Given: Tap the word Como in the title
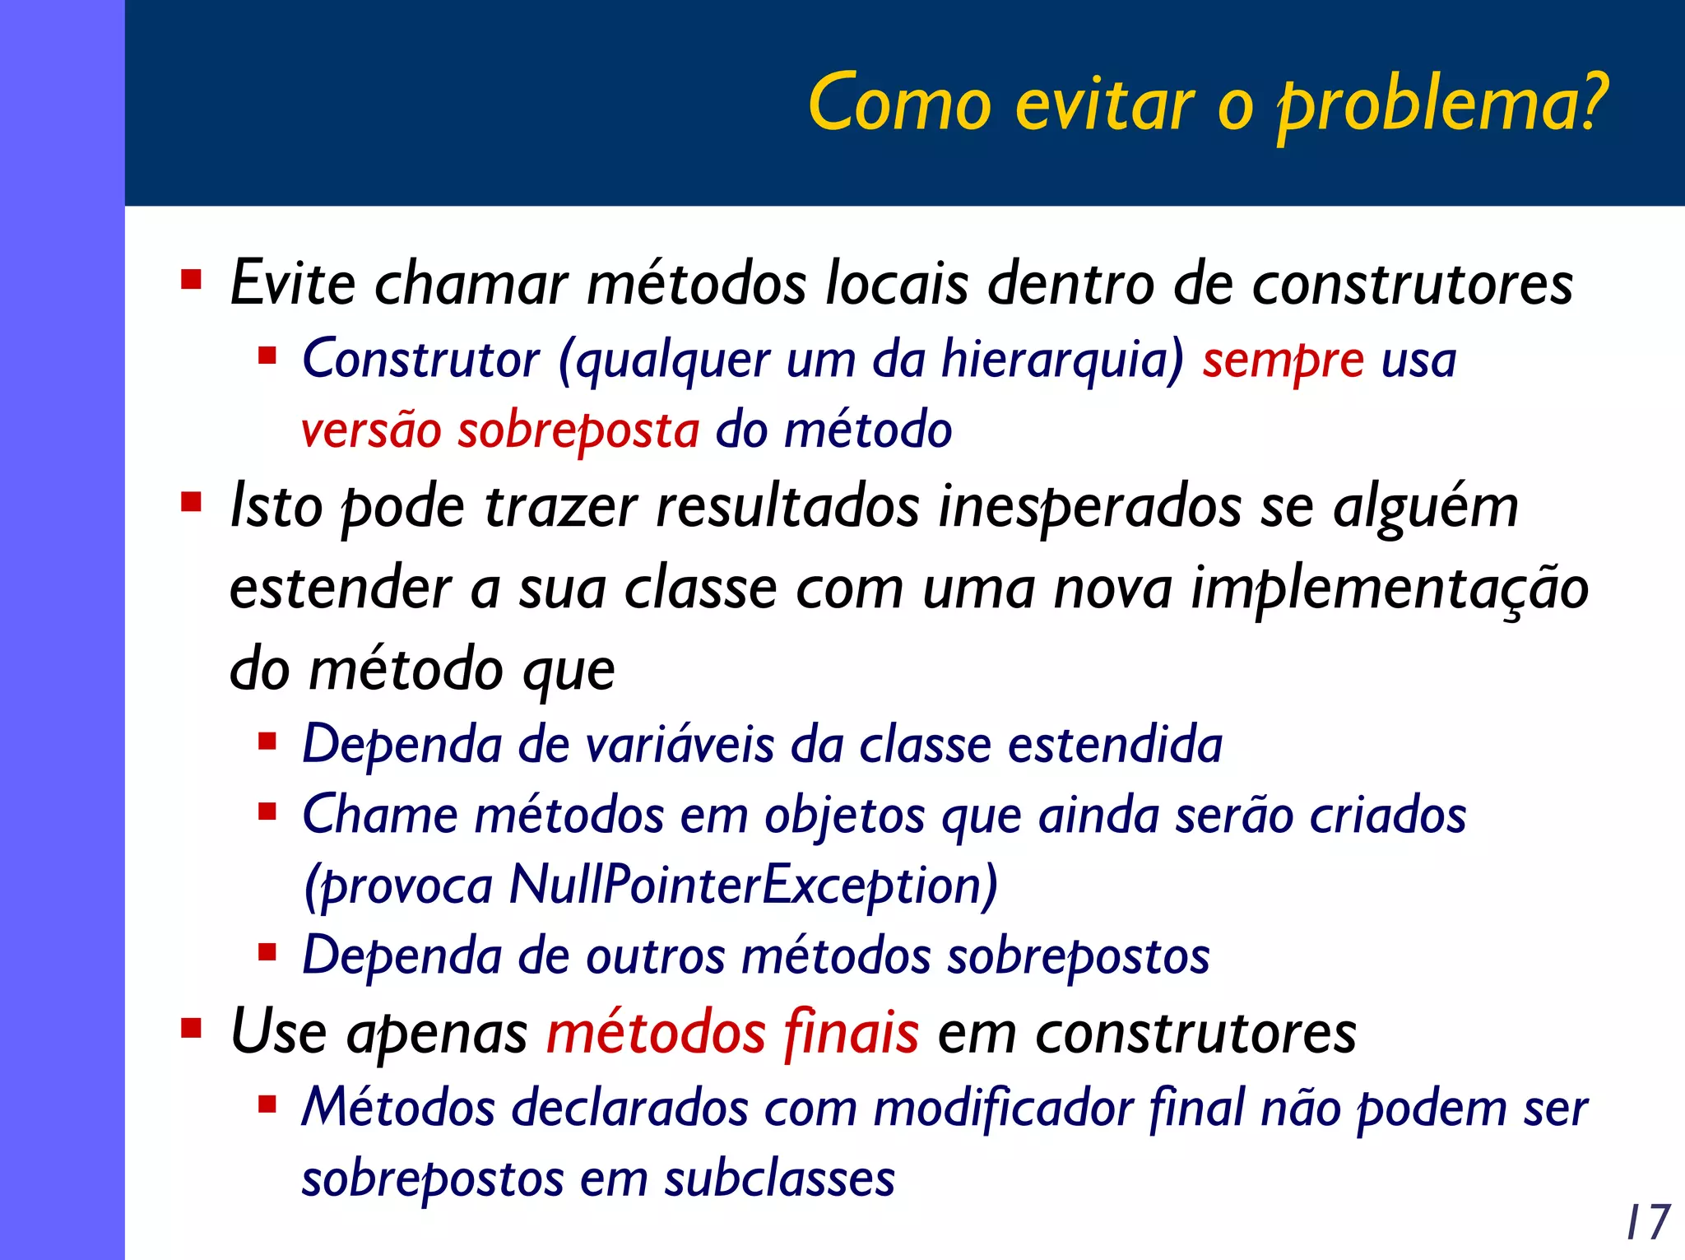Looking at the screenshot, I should click(900, 105).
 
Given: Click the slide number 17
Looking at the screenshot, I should click(1648, 1222).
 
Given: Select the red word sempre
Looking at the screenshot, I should click(1283, 360).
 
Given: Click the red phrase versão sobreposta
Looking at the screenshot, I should click(500, 430).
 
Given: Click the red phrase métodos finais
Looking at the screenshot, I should click(732, 1033).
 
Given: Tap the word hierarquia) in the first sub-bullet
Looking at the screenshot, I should click(1062, 360).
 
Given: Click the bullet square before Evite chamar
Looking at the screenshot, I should click(192, 281).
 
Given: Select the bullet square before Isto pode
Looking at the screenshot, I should click(192, 502).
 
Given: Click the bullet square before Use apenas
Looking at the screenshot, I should click(192, 1029).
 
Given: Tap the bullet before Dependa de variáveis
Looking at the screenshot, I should click(267, 742).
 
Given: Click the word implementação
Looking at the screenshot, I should click(1390, 588).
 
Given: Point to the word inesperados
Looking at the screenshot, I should click(1090, 507).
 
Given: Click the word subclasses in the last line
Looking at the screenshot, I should click(779, 1179).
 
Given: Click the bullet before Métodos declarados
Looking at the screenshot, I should click(267, 1104).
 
